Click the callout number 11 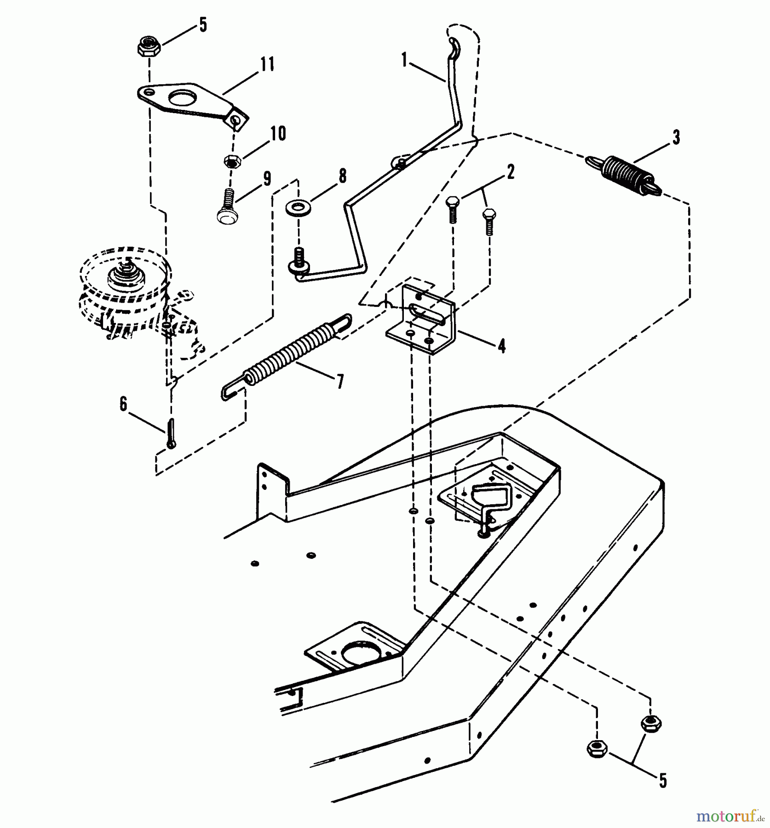click(x=267, y=64)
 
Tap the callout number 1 click(x=404, y=60)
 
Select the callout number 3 click(x=676, y=138)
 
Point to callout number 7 click(x=340, y=382)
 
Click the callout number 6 click(x=123, y=404)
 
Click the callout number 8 click(x=342, y=176)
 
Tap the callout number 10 click(x=278, y=134)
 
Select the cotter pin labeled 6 click(x=171, y=433)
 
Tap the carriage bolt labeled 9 click(x=225, y=206)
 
